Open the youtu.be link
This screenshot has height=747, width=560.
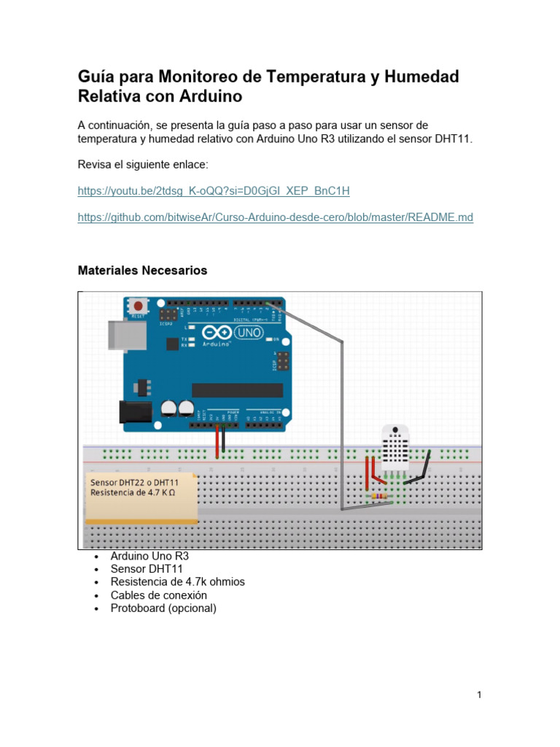(214, 191)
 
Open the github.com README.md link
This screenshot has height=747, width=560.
(275, 217)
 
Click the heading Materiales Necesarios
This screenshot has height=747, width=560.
(142, 271)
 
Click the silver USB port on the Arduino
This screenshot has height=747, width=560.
(119, 335)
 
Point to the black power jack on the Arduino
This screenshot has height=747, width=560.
(136, 412)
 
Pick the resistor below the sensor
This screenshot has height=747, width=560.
(379, 497)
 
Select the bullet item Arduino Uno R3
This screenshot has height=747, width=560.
(149, 556)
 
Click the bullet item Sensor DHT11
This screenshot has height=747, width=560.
(147, 569)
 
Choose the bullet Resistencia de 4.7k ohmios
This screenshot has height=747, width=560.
(177, 582)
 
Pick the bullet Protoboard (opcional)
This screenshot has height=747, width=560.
(163, 608)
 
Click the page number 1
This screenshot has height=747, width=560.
(479, 695)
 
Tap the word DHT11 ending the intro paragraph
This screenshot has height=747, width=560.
(454, 139)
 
